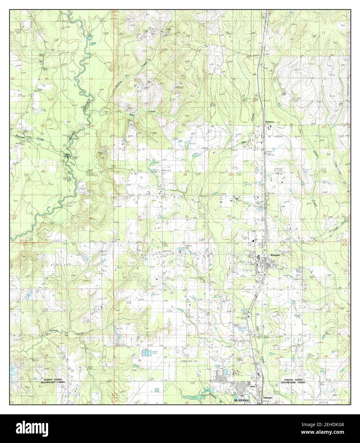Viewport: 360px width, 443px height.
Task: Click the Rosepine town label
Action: click(x=275, y=256)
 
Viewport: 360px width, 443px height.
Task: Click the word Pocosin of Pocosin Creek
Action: click(x=21, y=135)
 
